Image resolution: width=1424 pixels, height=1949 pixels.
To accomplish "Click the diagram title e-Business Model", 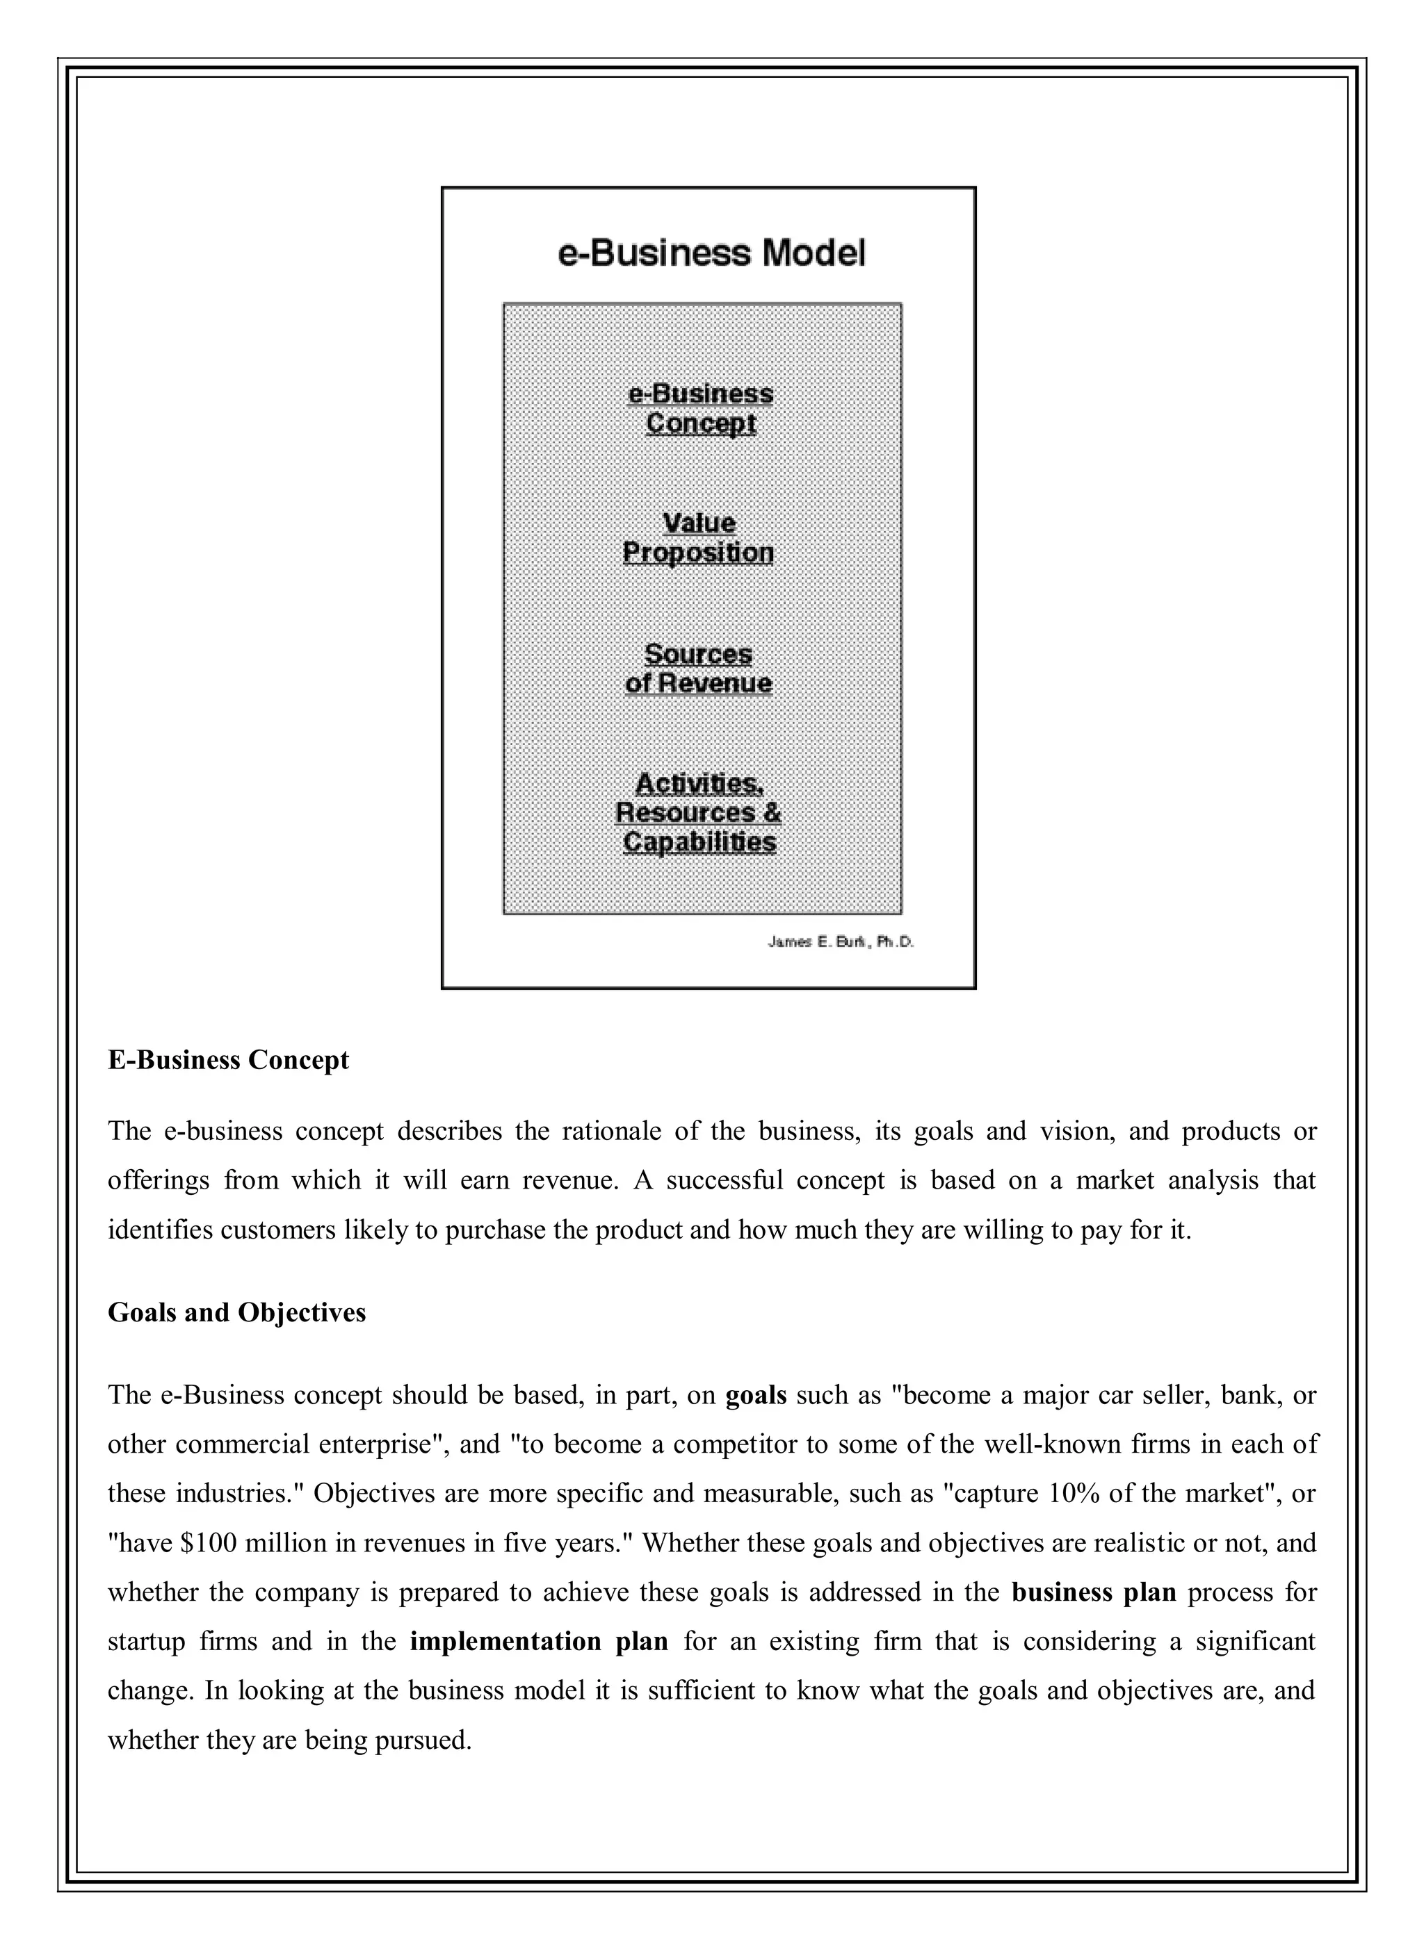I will coord(712,253).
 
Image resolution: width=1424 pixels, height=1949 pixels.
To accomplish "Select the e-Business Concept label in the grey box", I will coord(700,409).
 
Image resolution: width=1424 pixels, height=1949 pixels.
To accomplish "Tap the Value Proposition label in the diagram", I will coord(698,538).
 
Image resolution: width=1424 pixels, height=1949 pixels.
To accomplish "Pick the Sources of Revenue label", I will coord(698,669).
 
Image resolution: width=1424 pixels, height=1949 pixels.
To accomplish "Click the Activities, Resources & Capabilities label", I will coord(698,813).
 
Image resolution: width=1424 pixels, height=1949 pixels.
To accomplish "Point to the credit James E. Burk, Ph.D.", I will coord(841,943).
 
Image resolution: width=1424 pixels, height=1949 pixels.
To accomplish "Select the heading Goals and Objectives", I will coord(237,1312).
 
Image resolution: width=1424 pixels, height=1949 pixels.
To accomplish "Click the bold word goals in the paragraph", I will coord(756,1395).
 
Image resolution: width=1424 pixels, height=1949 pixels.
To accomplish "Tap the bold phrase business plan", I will coord(1094,1592).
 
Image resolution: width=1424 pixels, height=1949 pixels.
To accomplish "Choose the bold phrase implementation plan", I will coord(539,1641).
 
